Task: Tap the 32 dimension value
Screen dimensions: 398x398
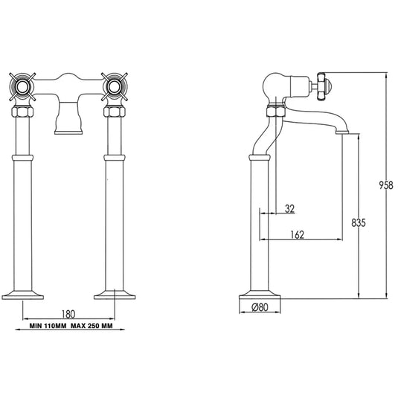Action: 289,208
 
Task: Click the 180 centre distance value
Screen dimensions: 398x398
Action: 68,313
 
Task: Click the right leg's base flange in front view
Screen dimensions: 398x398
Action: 115,292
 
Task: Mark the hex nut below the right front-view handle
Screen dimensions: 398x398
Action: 115,113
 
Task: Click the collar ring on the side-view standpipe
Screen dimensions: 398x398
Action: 260,158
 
